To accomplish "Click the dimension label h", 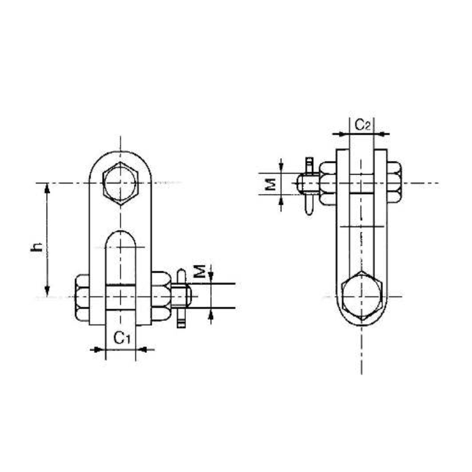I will (x=37, y=248).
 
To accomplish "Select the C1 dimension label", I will (x=122, y=337).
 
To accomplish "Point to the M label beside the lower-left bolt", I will (x=201, y=272).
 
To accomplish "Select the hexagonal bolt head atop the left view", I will (x=120, y=183).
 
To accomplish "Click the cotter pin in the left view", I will (x=181, y=300).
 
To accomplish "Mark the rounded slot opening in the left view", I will (x=121, y=260).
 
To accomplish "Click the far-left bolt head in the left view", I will (x=83, y=298).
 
